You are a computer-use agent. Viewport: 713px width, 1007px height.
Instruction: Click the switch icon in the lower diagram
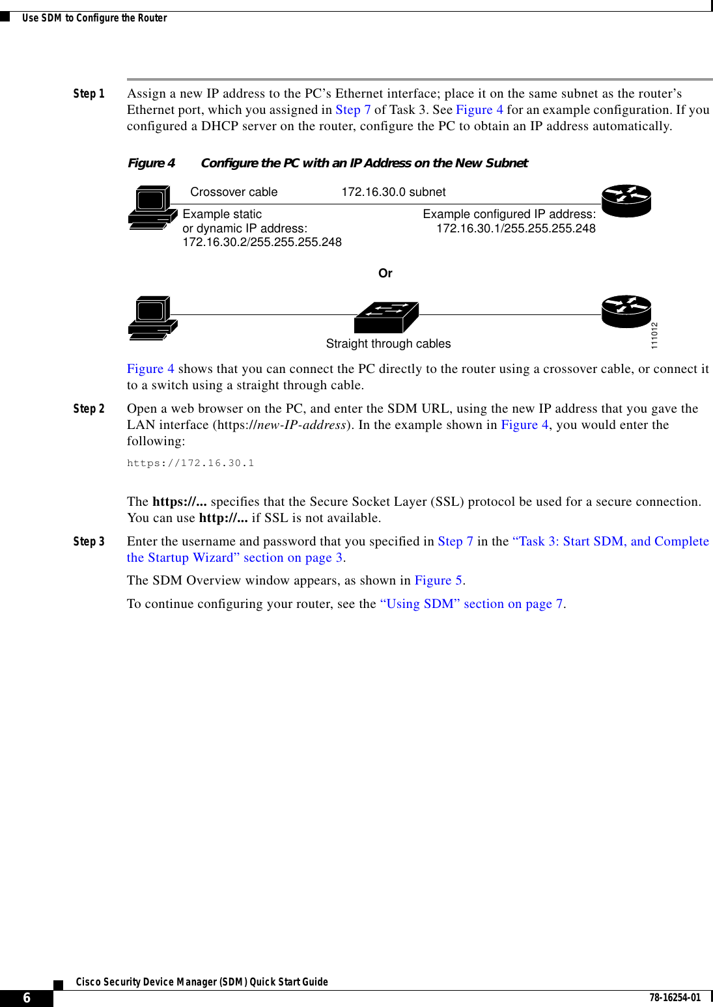(x=386, y=317)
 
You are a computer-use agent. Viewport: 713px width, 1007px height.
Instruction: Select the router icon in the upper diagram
(x=626, y=200)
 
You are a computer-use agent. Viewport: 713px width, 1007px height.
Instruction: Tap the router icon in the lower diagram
(x=626, y=311)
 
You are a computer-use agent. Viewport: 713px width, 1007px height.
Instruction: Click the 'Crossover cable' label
(x=234, y=192)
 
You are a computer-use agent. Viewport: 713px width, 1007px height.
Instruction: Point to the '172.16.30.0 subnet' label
(x=393, y=192)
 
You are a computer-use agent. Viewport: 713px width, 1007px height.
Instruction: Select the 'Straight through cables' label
(x=388, y=344)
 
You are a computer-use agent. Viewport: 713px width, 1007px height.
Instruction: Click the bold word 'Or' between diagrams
(x=385, y=273)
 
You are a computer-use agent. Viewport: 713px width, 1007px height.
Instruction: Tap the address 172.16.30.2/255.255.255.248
(x=262, y=242)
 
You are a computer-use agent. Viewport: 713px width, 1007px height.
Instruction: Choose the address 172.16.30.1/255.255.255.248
(x=516, y=228)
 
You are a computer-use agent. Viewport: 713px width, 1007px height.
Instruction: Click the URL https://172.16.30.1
(x=190, y=463)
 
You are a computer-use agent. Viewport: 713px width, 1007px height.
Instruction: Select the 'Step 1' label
(x=89, y=94)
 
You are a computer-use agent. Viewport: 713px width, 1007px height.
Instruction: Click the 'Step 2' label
(x=89, y=409)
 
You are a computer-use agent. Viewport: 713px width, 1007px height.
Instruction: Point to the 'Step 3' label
(x=89, y=542)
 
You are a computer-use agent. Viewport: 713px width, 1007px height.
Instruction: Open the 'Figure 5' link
(x=438, y=581)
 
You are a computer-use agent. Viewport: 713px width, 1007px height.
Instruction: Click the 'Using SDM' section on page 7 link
(x=472, y=604)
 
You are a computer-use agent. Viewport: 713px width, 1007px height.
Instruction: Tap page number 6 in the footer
(x=27, y=998)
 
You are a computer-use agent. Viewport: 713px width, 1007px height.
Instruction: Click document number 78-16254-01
(x=675, y=998)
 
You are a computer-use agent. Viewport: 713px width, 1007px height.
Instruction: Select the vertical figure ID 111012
(x=654, y=335)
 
